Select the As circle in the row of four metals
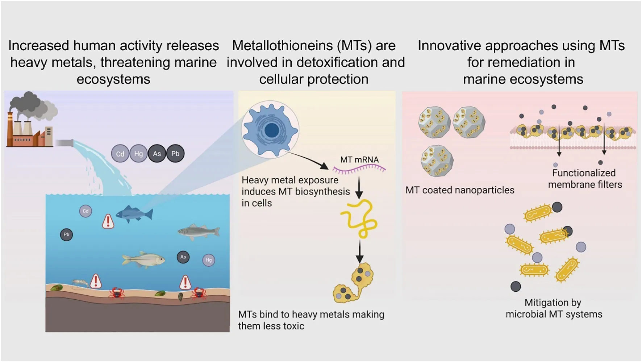[157, 154]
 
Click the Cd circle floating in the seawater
[86, 211]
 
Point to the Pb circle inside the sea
[66, 235]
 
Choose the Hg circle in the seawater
[209, 260]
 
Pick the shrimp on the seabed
[80, 283]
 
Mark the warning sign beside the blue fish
[108, 221]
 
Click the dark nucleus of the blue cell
[271, 130]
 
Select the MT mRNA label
[359, 160]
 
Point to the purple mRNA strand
[359, 168]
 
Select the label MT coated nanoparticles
[459, 190]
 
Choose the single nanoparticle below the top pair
[437, 161]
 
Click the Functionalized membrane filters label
[584, 179]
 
